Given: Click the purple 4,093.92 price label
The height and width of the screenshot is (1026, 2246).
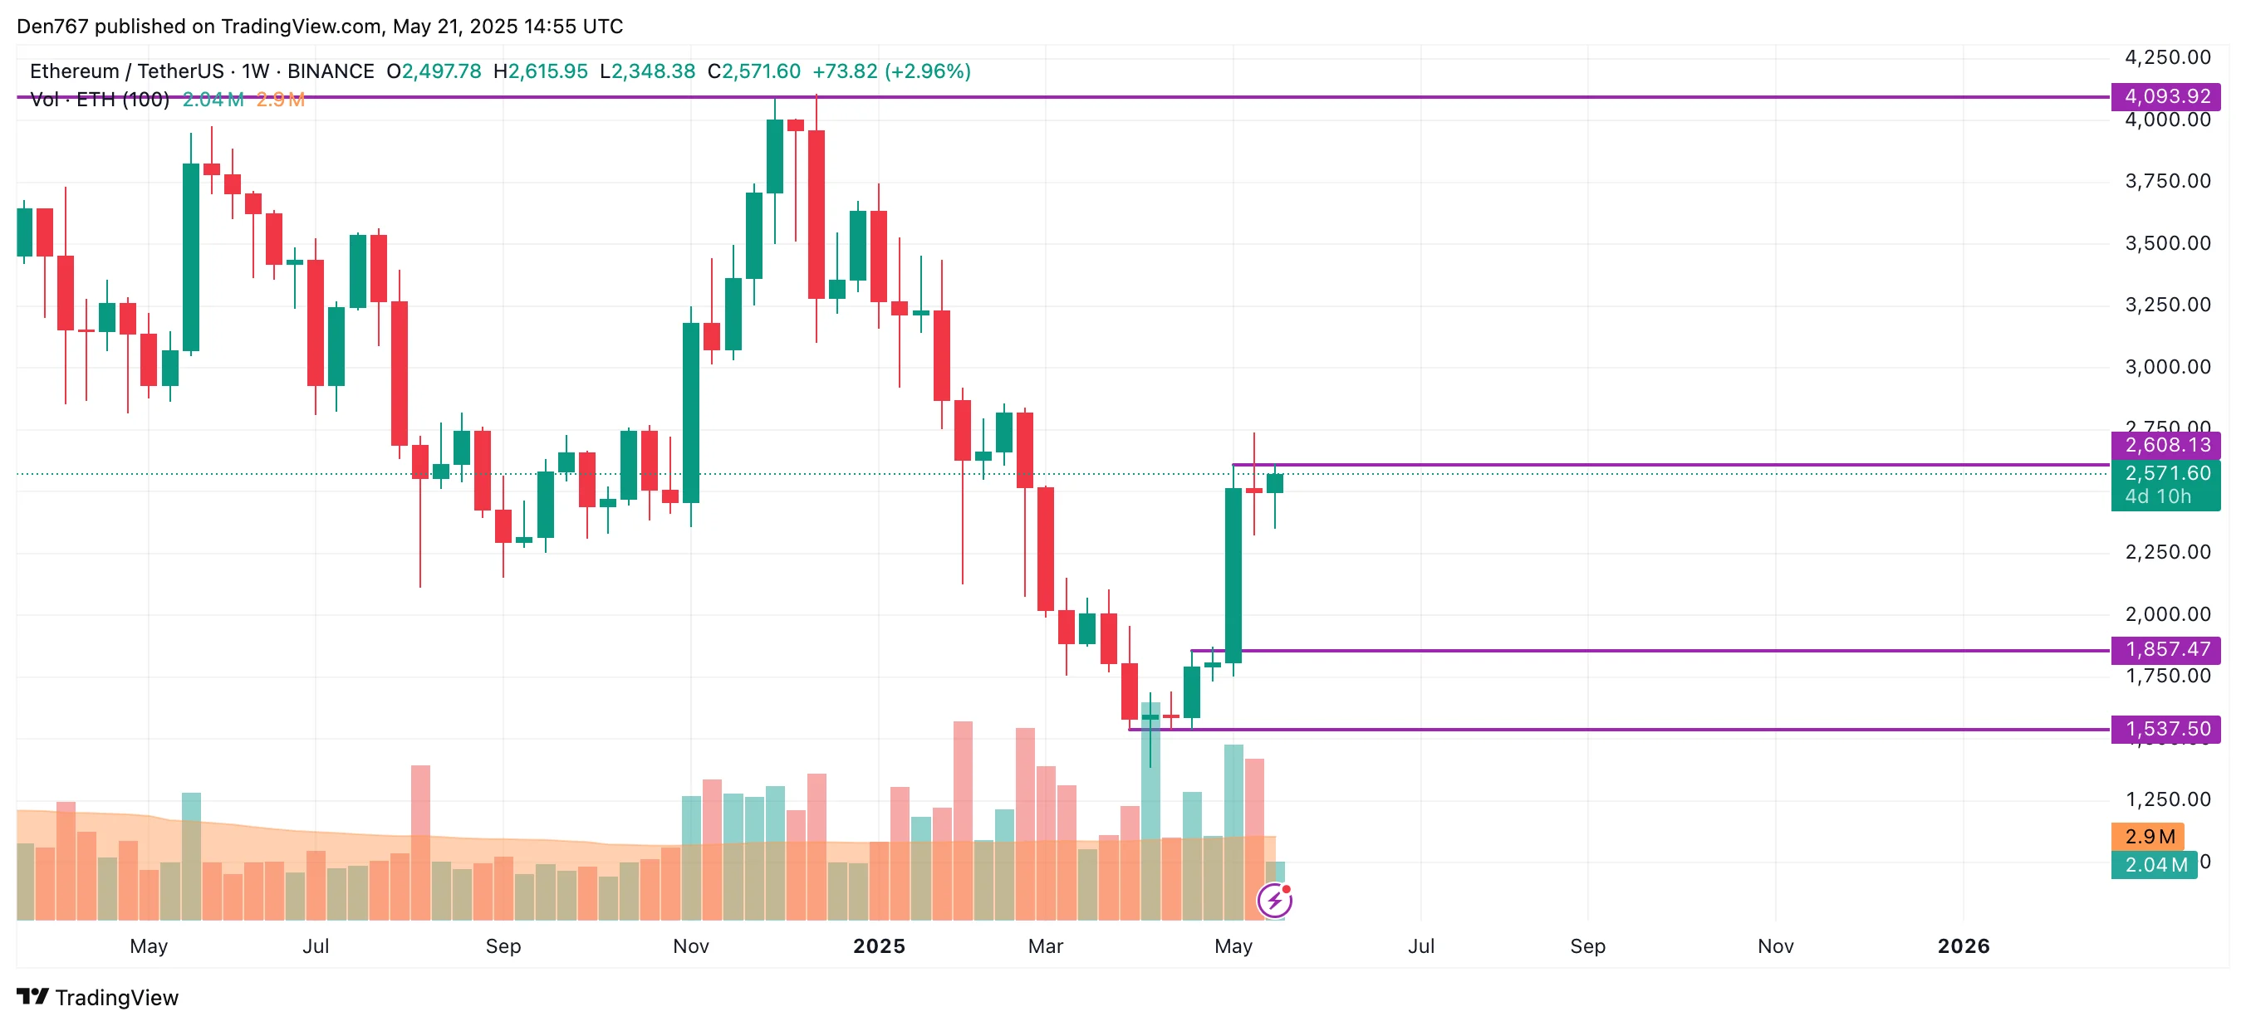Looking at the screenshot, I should tap(2165, 96).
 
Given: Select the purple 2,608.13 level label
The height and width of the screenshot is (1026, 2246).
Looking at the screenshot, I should tap(2165, 446).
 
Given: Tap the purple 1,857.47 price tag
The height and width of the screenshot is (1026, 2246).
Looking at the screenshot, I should tap(2165, 649).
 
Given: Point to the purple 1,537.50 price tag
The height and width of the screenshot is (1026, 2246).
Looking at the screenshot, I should tap(2165, 729).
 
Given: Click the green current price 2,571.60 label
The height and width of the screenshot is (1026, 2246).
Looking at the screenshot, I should tap(2165, 473).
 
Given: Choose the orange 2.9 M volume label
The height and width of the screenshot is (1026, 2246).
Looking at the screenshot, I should tap(2148, 837).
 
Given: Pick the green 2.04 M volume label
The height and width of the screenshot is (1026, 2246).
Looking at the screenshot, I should tap(2155, 865).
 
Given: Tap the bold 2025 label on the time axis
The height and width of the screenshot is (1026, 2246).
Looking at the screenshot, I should tap(879, 945).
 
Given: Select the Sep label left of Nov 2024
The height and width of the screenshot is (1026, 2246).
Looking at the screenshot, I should tap(503, 945).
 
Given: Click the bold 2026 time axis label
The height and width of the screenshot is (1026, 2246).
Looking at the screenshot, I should tap(1963, 945).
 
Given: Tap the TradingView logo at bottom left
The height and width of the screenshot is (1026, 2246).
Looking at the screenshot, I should tap(98, 997).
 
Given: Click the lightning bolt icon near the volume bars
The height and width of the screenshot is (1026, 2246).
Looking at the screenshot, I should tap(1274, 901).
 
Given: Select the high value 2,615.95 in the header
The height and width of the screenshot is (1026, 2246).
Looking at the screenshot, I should tap(547, 71).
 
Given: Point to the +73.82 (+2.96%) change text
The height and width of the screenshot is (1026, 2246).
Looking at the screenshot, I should tap(891, 71).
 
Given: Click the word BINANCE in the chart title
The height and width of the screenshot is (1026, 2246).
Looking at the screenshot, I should tap(331, 71).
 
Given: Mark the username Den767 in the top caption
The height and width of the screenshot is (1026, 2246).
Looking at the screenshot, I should tap(52, 27).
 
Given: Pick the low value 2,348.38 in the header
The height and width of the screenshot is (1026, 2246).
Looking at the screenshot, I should tap(653, 71).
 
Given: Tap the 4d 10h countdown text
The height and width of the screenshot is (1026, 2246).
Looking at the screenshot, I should tap(2157, 497).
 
